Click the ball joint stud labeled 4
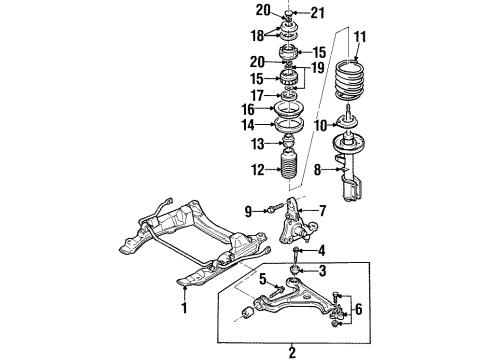[294, 250]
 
